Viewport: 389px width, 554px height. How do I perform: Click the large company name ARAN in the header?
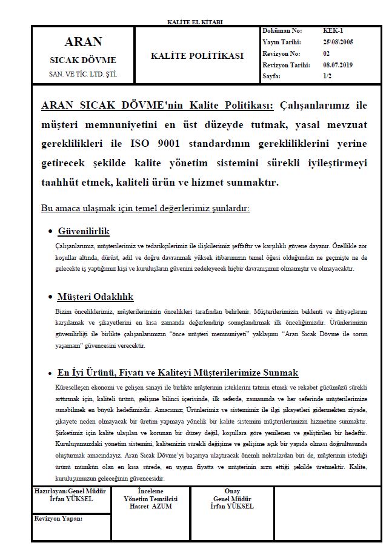pos(83,42)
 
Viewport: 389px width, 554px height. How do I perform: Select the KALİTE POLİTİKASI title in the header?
pos(198,56)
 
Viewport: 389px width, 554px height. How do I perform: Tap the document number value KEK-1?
pos(333,30)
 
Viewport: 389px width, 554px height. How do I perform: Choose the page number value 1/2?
pos(328,76)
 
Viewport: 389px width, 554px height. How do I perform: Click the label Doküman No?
pos(282,30)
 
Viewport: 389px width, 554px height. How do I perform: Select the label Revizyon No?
pos(282,53)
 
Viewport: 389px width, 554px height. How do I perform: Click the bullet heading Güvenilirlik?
pos(84,232)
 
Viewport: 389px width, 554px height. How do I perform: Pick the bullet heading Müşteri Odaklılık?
pos(95,297)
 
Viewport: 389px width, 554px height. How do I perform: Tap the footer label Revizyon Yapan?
pos(59,519)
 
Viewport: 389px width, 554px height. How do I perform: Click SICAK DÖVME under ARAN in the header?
pos(83,61)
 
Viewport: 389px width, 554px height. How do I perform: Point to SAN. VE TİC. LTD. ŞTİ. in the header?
pos(83,75)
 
